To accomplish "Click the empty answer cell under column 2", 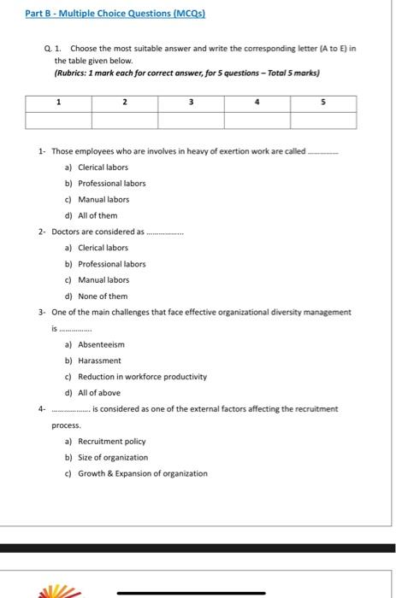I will (x=125, y=120).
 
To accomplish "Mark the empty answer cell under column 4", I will (x=257, y=120).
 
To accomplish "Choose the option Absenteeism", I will (x=101, y=344).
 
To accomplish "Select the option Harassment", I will (x=99, y=361).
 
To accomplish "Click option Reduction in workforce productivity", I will (x=142, y=377).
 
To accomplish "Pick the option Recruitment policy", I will (x=111, y=442).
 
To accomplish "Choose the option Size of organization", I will (x=112, y=458).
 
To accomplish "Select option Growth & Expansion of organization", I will (x=142, y=473).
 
